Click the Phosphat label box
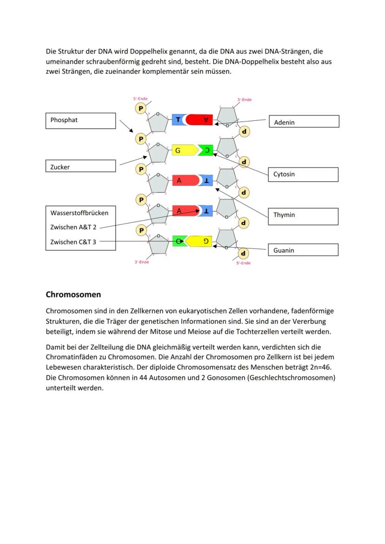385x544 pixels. click(80, 120)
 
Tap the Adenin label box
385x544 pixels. click(304, 122)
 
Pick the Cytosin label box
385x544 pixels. click(303, 175)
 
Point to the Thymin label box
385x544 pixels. click(303, 216)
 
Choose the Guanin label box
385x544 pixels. click(303, 250)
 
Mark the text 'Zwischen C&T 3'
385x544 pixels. click(73, 242)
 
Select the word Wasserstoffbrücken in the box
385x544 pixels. click(79, 213)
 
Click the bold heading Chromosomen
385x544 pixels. click(73, 295)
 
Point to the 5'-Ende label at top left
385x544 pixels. click(140, 99)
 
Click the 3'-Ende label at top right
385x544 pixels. click(245, 99)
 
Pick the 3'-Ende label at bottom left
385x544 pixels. click(142, 262)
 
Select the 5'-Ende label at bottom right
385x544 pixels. click(243, 263)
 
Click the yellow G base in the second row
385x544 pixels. click(182, 151)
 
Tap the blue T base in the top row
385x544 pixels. click(178, 120)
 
